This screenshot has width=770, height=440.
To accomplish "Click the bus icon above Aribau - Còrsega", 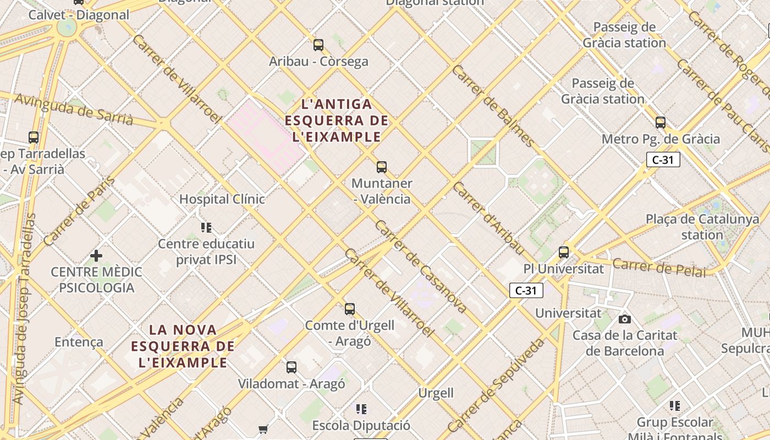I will click(x=318, y=45).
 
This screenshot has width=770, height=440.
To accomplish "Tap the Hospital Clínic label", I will click(x=222, y=199).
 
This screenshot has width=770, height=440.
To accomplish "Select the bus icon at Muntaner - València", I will click(x=382, y=167).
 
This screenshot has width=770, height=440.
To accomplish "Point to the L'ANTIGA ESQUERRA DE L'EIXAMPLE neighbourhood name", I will click(x=337, y=120).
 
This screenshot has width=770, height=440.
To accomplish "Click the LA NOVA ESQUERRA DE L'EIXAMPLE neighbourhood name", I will click(x=183, y=346).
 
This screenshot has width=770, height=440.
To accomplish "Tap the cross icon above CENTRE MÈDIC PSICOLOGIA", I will click(x=96, y=256).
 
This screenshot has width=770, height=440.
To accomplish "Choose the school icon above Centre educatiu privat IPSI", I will click(x=206, y=227).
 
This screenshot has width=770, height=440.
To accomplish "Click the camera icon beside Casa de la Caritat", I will click(x=624, y=319).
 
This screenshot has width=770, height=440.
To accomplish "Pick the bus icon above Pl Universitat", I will click(x=564, y=252).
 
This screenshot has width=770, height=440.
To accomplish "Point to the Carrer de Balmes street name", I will click(x=493, y=106).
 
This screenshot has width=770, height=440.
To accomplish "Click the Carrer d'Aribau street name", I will click(x=489, y=218).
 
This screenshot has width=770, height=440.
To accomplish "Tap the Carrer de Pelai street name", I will click(x=658, y=267).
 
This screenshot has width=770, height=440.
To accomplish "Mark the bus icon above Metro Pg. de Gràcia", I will click(x=661, y=123).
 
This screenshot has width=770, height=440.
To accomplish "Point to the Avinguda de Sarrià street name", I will click(x=74, y=109).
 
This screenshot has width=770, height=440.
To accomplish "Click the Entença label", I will click(x=79, y=342).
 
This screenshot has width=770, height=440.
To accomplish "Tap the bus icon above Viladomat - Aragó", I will click(x=291, y=367).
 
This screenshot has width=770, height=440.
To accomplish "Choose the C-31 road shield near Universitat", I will click(x=526, y=290).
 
